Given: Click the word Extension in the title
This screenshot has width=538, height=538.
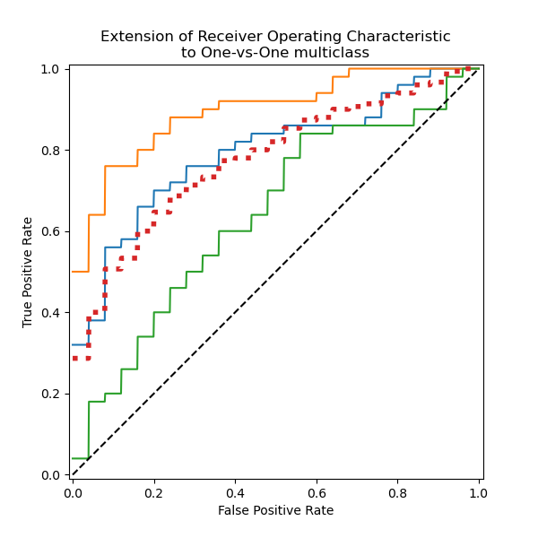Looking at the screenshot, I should [133, 37].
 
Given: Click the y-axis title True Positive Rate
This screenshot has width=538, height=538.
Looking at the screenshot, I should [28, 272].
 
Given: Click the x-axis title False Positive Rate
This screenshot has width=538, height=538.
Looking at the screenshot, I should [275, 510].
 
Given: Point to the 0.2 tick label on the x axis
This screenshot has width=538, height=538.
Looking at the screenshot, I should [153, 492].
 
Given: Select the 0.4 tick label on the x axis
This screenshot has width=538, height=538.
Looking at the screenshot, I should [235, 492].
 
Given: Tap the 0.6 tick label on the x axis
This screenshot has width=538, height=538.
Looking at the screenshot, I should [316, 492].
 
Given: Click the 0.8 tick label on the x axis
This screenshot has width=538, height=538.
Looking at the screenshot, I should [397, 492].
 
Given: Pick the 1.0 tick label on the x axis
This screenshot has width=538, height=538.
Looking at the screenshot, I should [478, 492].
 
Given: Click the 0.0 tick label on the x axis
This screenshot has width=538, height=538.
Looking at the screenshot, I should [73, 492].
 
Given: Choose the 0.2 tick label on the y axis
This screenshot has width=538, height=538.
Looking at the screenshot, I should [50, 394].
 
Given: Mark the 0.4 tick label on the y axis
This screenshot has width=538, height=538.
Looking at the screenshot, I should [50, 312].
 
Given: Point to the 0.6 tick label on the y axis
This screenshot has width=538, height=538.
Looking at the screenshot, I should [50, 231].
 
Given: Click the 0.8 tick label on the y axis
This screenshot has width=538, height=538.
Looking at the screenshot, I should [50, 150].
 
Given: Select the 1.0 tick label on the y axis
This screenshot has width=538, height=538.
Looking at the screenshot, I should [50, 69].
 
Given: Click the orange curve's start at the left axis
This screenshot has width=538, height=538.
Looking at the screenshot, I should [74, 272].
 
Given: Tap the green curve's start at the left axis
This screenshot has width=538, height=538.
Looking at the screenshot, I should [74, 458].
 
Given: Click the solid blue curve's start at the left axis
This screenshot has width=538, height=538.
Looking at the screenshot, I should [74, 344].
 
